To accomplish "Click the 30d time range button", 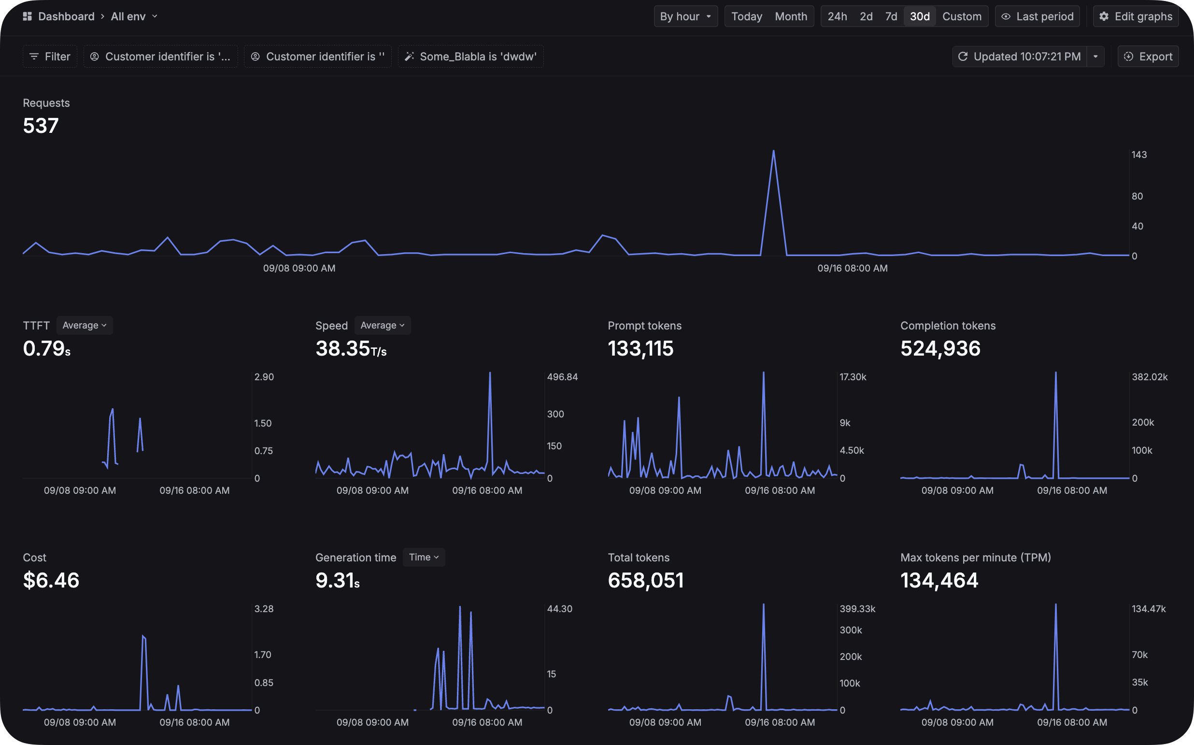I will [919, 16].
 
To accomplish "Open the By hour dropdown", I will [685, 16].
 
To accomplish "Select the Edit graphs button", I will [1136, 16].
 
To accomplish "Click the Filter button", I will [50, 57].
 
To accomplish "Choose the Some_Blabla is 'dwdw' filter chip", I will [470, 57].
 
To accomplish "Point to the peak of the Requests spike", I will [773, 151].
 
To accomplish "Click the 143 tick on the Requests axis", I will [1139, 155].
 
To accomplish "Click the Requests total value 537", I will [41, 126].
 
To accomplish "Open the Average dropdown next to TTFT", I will [84, 325].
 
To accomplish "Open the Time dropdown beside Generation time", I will [424, 557].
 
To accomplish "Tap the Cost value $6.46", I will [51, 580].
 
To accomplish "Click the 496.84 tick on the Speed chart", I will [562, 377].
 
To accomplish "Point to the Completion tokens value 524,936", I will [940, 349].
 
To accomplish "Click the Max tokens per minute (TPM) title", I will [975, 557].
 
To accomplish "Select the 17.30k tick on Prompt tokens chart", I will [853, 377].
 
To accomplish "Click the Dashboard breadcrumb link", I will [66, 16].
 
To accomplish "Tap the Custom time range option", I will [962, 16].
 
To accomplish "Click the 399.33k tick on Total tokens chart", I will [857, 609].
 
